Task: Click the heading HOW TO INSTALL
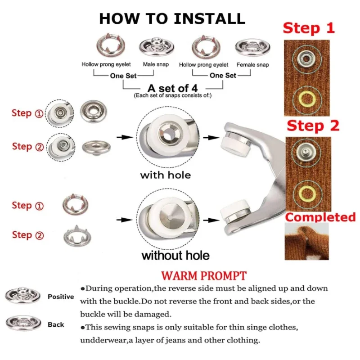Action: [x=172, y=18]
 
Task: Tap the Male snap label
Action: [x=156, y=64]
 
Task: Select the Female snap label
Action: [x=252, y=65]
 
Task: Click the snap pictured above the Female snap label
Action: [x=252, y=47]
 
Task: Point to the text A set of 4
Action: [x=172, y=88]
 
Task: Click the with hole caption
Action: [x=166, y=175]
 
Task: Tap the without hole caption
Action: [x=175, y=255]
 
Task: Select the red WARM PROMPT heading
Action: [x=204, y=276]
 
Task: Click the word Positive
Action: [x=61, y=297]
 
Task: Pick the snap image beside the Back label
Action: [x=23, y=323]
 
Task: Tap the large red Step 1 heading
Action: [x=309, y=28]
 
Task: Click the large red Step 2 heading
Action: [x=313, y=126]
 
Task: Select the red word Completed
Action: [x=320, y=217]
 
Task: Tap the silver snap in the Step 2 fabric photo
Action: [x=306, y=152]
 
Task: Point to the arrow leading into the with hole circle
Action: [x=125, y=137]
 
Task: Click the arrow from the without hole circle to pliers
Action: [x=211, y=220]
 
